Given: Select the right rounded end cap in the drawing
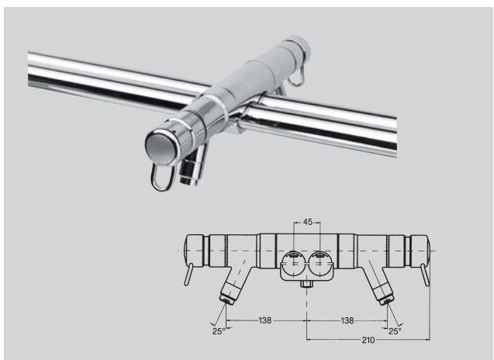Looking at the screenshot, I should point(420,250).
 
